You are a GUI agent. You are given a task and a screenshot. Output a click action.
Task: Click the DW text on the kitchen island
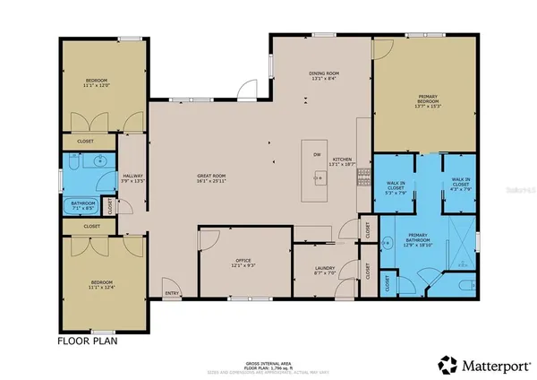click(x=317, y=154)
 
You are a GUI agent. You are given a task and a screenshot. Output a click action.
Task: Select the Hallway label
click(x=132, y=177)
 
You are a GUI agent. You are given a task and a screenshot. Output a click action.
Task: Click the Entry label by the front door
click(x=170, y=293)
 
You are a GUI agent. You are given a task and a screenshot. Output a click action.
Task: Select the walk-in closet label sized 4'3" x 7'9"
click(x=461, y=186)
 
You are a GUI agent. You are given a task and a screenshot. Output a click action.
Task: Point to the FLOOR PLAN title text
click(x=88, y=341)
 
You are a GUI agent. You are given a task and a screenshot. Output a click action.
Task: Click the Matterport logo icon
click(x=445, y=364)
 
